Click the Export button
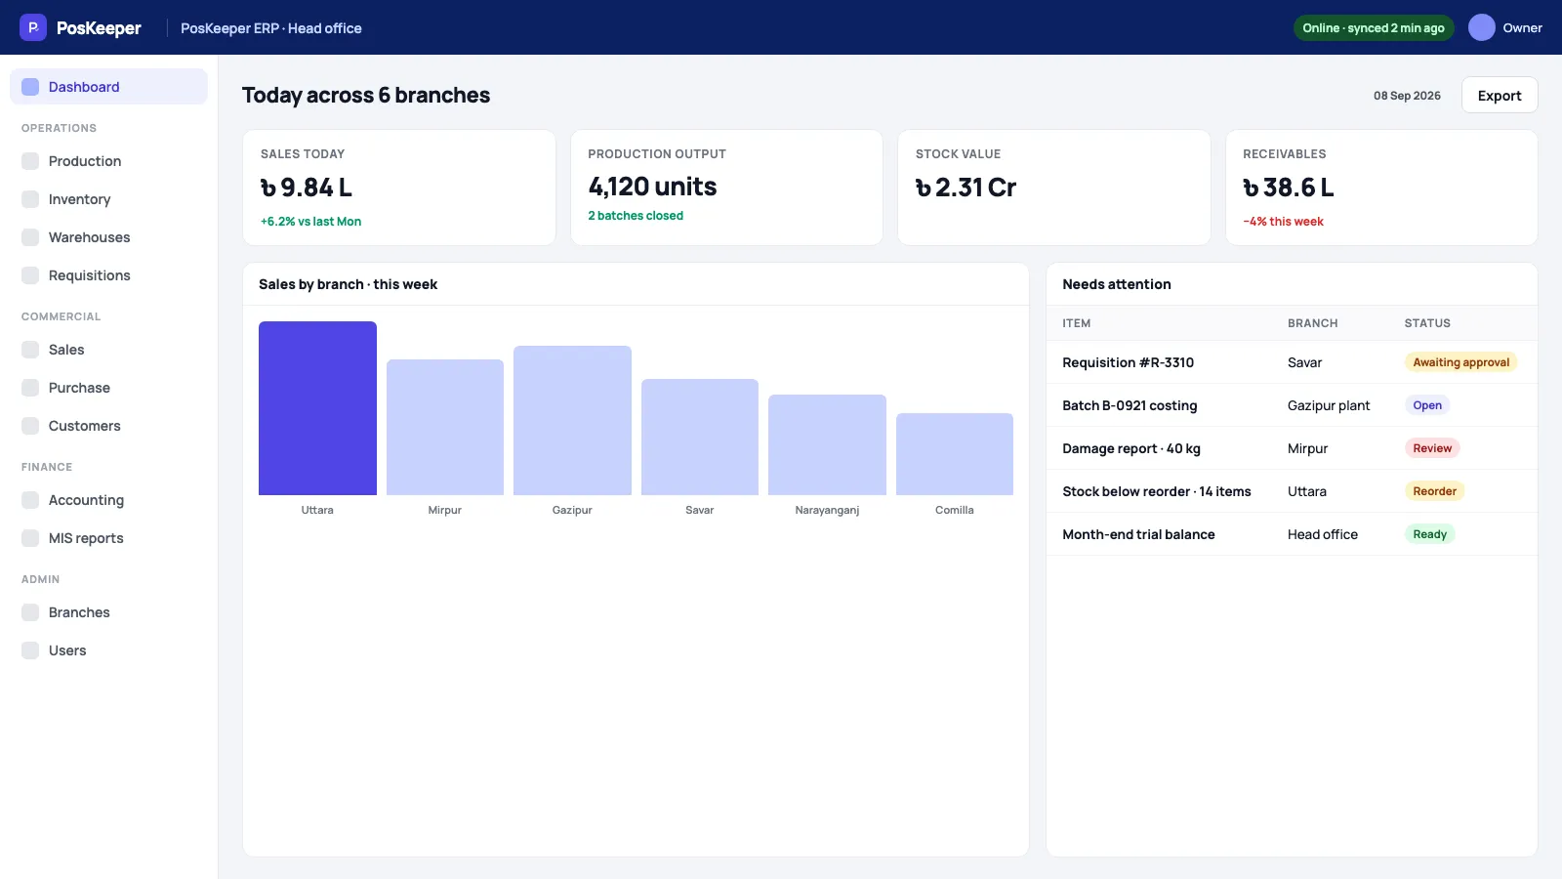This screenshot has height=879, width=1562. pos(1500,95)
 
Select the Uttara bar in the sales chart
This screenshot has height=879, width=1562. pos(317,408)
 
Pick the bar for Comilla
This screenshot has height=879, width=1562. pos(954,454)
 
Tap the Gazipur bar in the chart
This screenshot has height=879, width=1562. pos(572,421)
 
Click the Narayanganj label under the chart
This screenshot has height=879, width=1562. pos(827,510)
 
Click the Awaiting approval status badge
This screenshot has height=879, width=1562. pos(1460,362)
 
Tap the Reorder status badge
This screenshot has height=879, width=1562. pos(1434,491)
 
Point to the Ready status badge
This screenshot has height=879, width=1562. pos(1429,534)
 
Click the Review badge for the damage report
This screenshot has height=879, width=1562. pos(1432,448)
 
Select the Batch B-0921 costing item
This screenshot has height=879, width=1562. pos(1130,405)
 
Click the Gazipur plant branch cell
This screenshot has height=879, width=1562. pos(1329,405)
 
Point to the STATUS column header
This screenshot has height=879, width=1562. pos(1426,323)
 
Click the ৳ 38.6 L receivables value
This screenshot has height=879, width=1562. pos(1288,187)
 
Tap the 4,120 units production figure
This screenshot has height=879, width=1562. pos(652,187)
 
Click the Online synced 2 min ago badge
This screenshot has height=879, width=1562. pos(1373,28)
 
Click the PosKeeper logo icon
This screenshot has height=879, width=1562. pos(33,28)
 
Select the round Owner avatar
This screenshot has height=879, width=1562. pos(1481,28)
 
